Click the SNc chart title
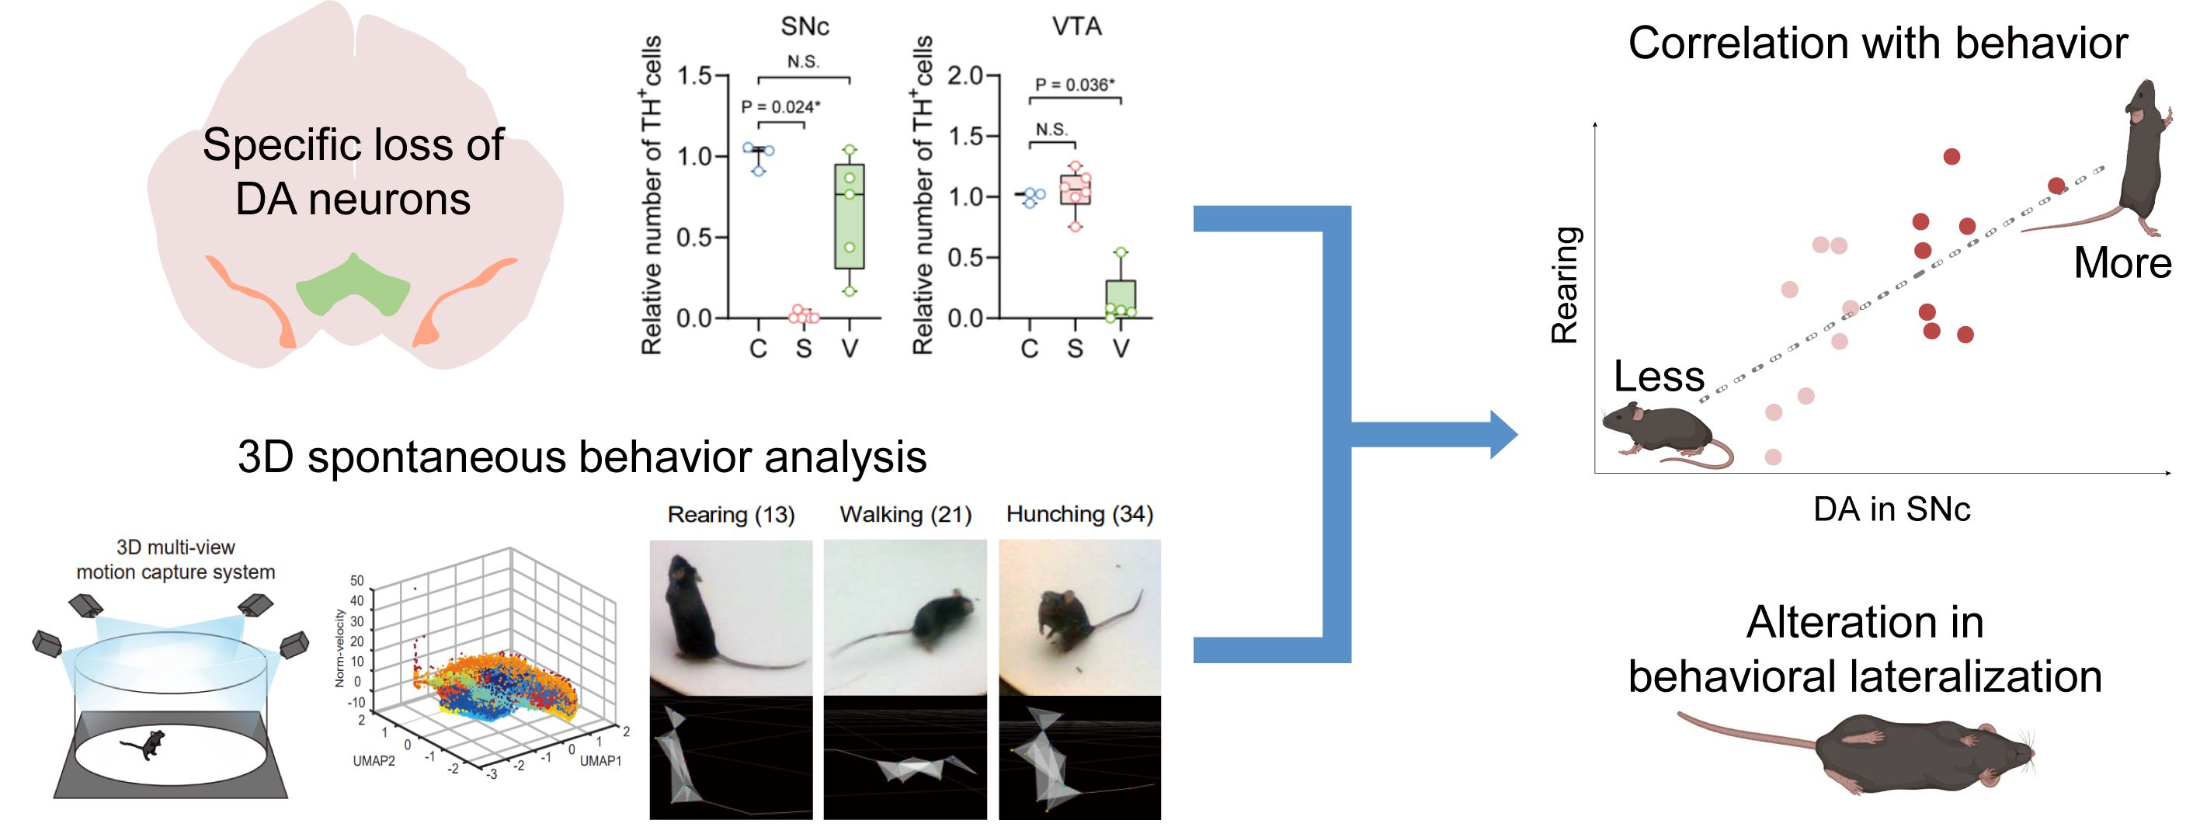pos(805,26)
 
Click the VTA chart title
pos(1076,26)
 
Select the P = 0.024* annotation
pos(780,106)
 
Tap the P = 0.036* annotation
pos(1075,85)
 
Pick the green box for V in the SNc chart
pos(849,216)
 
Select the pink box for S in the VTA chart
pos(1076,189)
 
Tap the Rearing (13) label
pos(731,514)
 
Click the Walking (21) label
pos(905,514)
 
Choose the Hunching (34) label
pos(1079,514)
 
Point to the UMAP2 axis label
pos(374,760)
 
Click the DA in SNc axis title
pos(1891,509)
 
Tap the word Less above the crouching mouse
pos(1659,376)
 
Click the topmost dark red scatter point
pos(1952,156)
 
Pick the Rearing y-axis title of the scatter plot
pos(1565,284)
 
